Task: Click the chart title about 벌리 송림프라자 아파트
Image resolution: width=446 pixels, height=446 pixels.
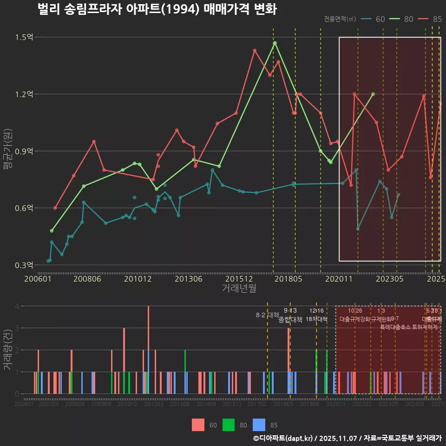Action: [x=157, y=9]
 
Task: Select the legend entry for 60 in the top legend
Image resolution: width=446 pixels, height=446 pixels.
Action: [x=374, y=19]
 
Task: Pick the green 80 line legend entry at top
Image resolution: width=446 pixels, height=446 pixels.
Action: [x=401, y=19]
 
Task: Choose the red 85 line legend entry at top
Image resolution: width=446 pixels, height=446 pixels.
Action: [x=430, y=19]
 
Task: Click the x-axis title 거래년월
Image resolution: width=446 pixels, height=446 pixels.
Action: [x=239, y=288]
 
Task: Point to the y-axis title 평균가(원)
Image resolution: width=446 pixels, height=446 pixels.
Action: [x=7, y=151]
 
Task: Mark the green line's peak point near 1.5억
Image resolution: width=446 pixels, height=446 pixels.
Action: [x=275, y=43]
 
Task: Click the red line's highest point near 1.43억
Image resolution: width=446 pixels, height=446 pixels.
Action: [x=255, y=50]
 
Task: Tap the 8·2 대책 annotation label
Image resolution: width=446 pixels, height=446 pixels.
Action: [x=267, y=315]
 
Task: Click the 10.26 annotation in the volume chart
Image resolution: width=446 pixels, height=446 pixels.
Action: [x=355, y=311]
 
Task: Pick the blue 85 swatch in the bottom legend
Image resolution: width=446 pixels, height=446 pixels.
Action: [x=259, y=425]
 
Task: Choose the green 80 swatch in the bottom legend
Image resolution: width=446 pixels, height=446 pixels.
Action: [x=229, y=425]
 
